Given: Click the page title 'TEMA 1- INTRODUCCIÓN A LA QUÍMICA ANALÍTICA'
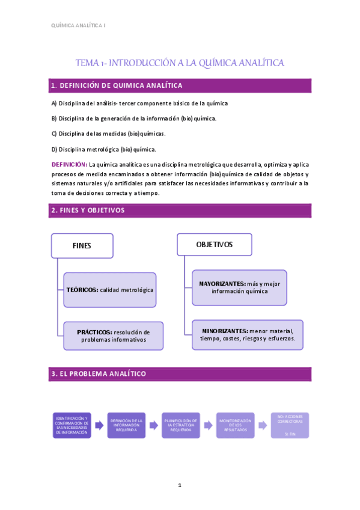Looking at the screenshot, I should (x=180, y=63).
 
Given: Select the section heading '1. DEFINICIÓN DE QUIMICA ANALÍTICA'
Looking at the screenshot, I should (x=117, y=85).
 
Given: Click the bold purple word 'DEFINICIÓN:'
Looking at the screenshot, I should (x=69, y=164).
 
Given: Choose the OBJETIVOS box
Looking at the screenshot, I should (x=214, y=245).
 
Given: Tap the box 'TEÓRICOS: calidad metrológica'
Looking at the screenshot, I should (x=110, y=290).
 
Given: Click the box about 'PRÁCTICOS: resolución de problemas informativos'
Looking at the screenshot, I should (x=113, y=336).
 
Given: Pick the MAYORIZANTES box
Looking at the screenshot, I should (x=240, y=287).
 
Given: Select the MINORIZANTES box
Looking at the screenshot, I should (x=248, y=334).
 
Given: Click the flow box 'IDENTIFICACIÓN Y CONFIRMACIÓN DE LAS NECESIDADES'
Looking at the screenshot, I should (x=72, y=425).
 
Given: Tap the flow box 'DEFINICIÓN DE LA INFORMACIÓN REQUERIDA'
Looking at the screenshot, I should (x=127, y=425).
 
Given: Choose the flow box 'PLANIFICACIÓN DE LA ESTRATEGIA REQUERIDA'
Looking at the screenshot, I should (x=181, y=425).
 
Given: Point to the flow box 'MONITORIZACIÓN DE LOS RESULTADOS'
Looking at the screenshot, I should (x=236, y=425).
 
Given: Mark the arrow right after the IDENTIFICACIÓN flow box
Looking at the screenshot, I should (x=99, y=425).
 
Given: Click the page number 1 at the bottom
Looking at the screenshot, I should (x=180, y=485).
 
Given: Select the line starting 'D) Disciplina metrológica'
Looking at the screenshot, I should (x=103, y=149).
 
